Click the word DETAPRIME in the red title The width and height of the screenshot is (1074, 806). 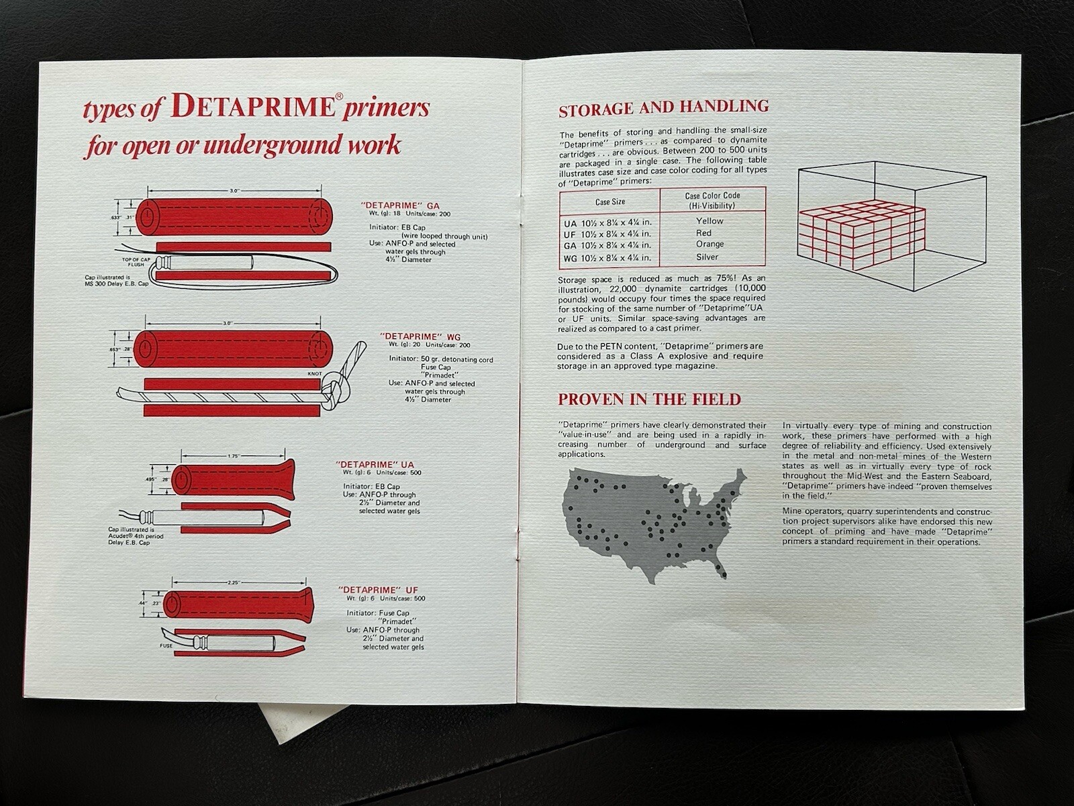253,109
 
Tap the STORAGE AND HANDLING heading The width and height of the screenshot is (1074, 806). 663,107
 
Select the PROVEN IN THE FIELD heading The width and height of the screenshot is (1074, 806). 649,400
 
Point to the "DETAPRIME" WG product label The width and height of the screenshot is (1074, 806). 420,336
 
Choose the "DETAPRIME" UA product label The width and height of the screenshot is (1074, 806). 375,464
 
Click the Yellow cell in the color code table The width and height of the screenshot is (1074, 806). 710,221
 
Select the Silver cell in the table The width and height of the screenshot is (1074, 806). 707,257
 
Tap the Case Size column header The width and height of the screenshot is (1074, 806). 609,201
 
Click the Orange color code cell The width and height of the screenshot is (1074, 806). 710,244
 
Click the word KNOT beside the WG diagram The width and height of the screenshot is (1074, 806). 315,374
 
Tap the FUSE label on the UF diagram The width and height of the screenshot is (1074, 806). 166,646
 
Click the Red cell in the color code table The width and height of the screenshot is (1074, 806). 703,233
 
